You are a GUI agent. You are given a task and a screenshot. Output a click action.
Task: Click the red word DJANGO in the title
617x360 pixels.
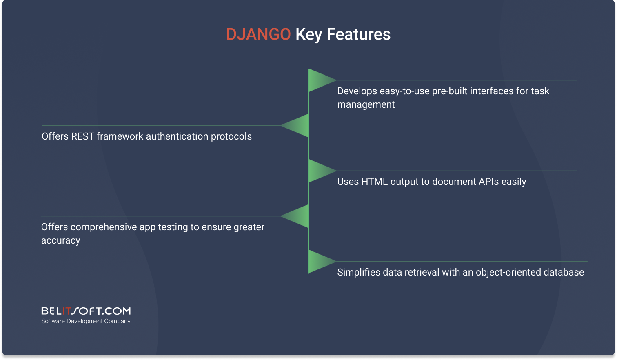click(258, 34)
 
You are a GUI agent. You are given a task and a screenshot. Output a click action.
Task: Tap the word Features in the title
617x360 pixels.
click(358, 34)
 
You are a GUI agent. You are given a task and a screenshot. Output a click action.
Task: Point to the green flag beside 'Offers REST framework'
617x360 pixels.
click(295, 126)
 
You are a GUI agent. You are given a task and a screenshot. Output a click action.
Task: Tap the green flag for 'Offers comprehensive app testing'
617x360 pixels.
click(295, 216)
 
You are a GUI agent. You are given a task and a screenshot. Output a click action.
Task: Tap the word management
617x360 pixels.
click(366, 105)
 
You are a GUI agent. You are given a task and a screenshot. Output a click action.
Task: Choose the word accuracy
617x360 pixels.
click(60, 241)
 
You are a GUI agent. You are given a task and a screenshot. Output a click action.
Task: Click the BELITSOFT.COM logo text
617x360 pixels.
click(86, 311)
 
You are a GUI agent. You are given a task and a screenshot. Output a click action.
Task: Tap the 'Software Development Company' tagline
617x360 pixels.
click(86, 322)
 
